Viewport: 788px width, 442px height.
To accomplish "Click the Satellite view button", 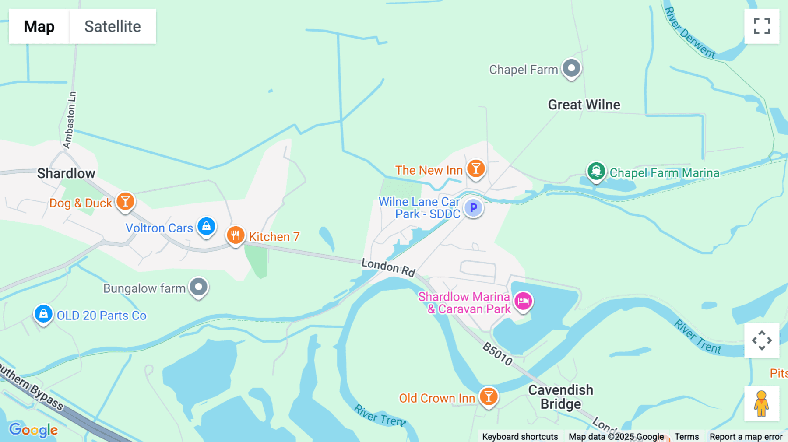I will [x=113, y=26].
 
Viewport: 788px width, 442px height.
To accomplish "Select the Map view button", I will [x=39, y=26].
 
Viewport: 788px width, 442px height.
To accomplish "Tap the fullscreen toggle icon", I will [x=762, y=26].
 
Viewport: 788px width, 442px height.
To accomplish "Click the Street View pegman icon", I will [x=762, y=403].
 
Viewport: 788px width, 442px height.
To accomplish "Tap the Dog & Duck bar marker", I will [x=125, y=202].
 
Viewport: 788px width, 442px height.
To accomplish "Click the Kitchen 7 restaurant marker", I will [x=236, y=235].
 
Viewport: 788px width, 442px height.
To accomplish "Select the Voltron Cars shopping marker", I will [x=206, y=226].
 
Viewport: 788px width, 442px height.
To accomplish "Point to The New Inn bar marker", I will [x=476, y=168].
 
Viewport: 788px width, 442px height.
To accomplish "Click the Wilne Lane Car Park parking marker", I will [x=473, y=208].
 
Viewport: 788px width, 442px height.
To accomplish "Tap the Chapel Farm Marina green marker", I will [x=596, y=172].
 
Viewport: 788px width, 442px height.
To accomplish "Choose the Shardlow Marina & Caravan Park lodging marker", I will [x=523, y=302].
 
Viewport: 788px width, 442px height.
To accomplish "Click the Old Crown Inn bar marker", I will [x=489, y=397].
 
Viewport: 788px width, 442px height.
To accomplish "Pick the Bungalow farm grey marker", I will [x=199, y=287].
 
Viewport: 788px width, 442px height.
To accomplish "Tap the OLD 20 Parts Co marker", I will [x=43, y=314].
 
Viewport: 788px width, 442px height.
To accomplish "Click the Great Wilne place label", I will [x=584, y=105].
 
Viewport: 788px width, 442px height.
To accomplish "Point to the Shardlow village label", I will [x=66, y=173].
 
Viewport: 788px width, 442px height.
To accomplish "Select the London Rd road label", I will [x=388, y=267].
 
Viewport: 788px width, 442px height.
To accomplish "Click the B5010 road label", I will [x=497, y=354].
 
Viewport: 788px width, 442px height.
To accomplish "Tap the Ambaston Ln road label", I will [x=70, y=120].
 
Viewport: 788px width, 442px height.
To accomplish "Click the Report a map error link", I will [x=746, y=437].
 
